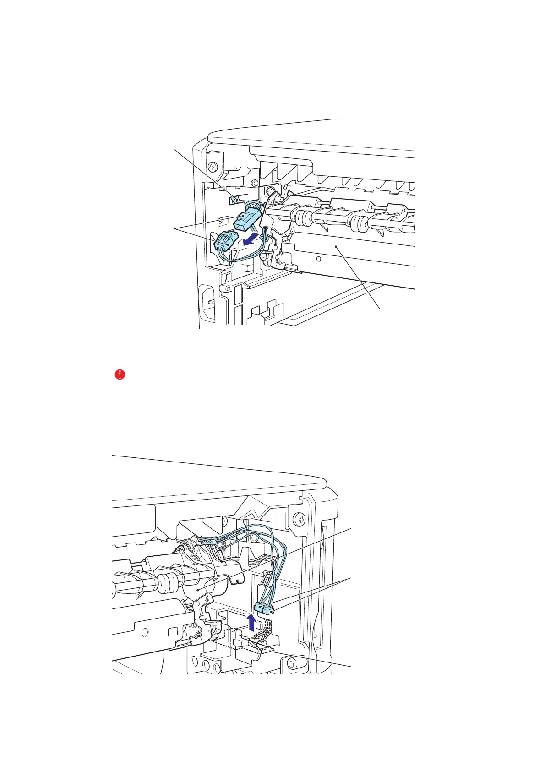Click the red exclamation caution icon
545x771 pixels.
pyautogui.click(x=120, y=375)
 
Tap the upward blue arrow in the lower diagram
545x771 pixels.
pyautogui.click(x=251, y=623)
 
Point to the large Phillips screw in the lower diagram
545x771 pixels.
pyautogui.click(x=301, y=520)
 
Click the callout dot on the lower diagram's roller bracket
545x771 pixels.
pyautogui.click(x=197, y=591)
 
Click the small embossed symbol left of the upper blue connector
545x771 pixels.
pyautogui.click(x=222, y=222)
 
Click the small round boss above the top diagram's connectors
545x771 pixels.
pyautogui.click(x=270, y=189)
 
